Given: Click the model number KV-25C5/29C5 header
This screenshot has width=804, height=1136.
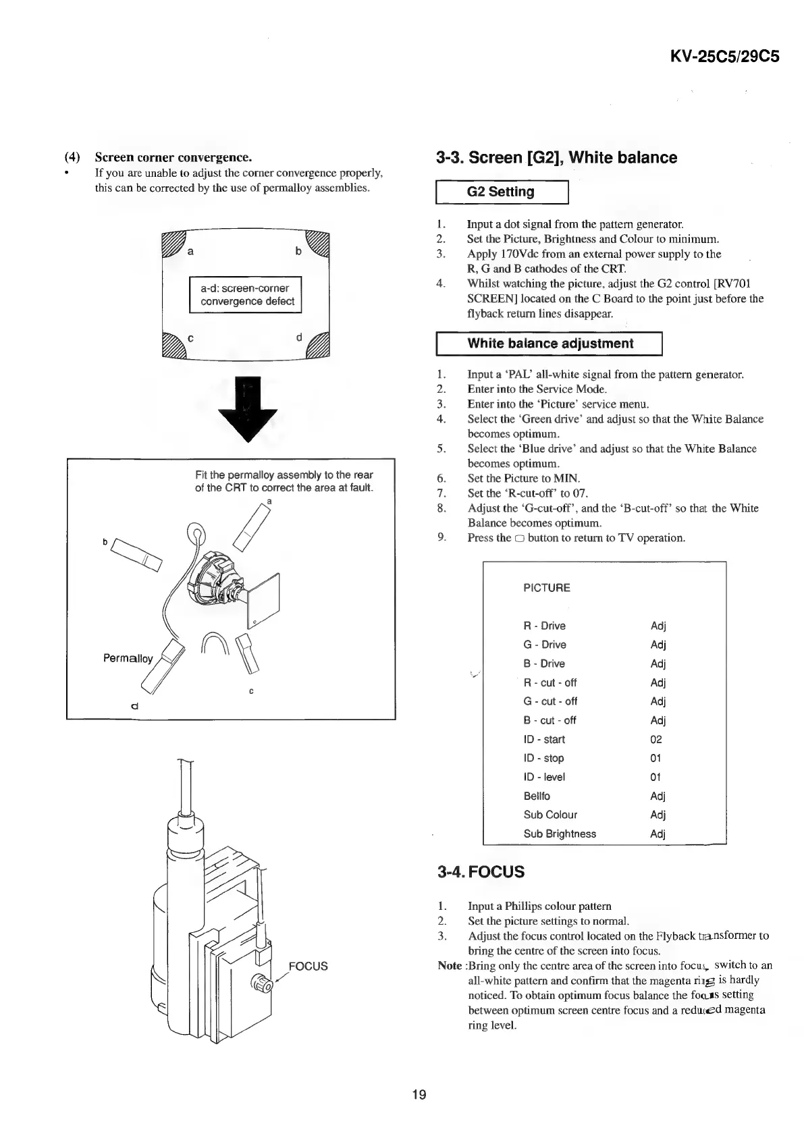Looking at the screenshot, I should click(724, 56).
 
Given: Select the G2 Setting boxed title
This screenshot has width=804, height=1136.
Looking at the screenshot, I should click(501, 192).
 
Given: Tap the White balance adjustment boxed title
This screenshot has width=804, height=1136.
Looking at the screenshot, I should click(550, 344).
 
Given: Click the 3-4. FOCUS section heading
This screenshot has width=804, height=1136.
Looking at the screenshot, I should click(481, 871).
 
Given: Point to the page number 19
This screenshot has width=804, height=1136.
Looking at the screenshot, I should click(419, 1094).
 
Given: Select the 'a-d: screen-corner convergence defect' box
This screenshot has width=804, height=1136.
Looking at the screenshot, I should click(246, 295).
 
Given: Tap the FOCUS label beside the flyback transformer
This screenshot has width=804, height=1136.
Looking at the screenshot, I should click(308, 966).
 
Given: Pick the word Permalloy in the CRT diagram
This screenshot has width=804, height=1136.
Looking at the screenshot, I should click(128, 658).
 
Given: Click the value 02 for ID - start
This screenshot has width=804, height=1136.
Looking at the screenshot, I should click(656, 739).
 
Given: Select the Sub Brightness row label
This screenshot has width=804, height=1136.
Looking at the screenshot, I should click(560, 834).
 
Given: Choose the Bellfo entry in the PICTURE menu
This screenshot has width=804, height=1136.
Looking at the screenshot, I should click(537, 796).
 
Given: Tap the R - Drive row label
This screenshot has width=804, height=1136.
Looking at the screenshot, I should click(544, 626).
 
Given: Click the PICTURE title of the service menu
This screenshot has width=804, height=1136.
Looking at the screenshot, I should click(547, 588).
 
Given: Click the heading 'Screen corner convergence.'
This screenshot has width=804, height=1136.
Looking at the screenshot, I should click(173, 158).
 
